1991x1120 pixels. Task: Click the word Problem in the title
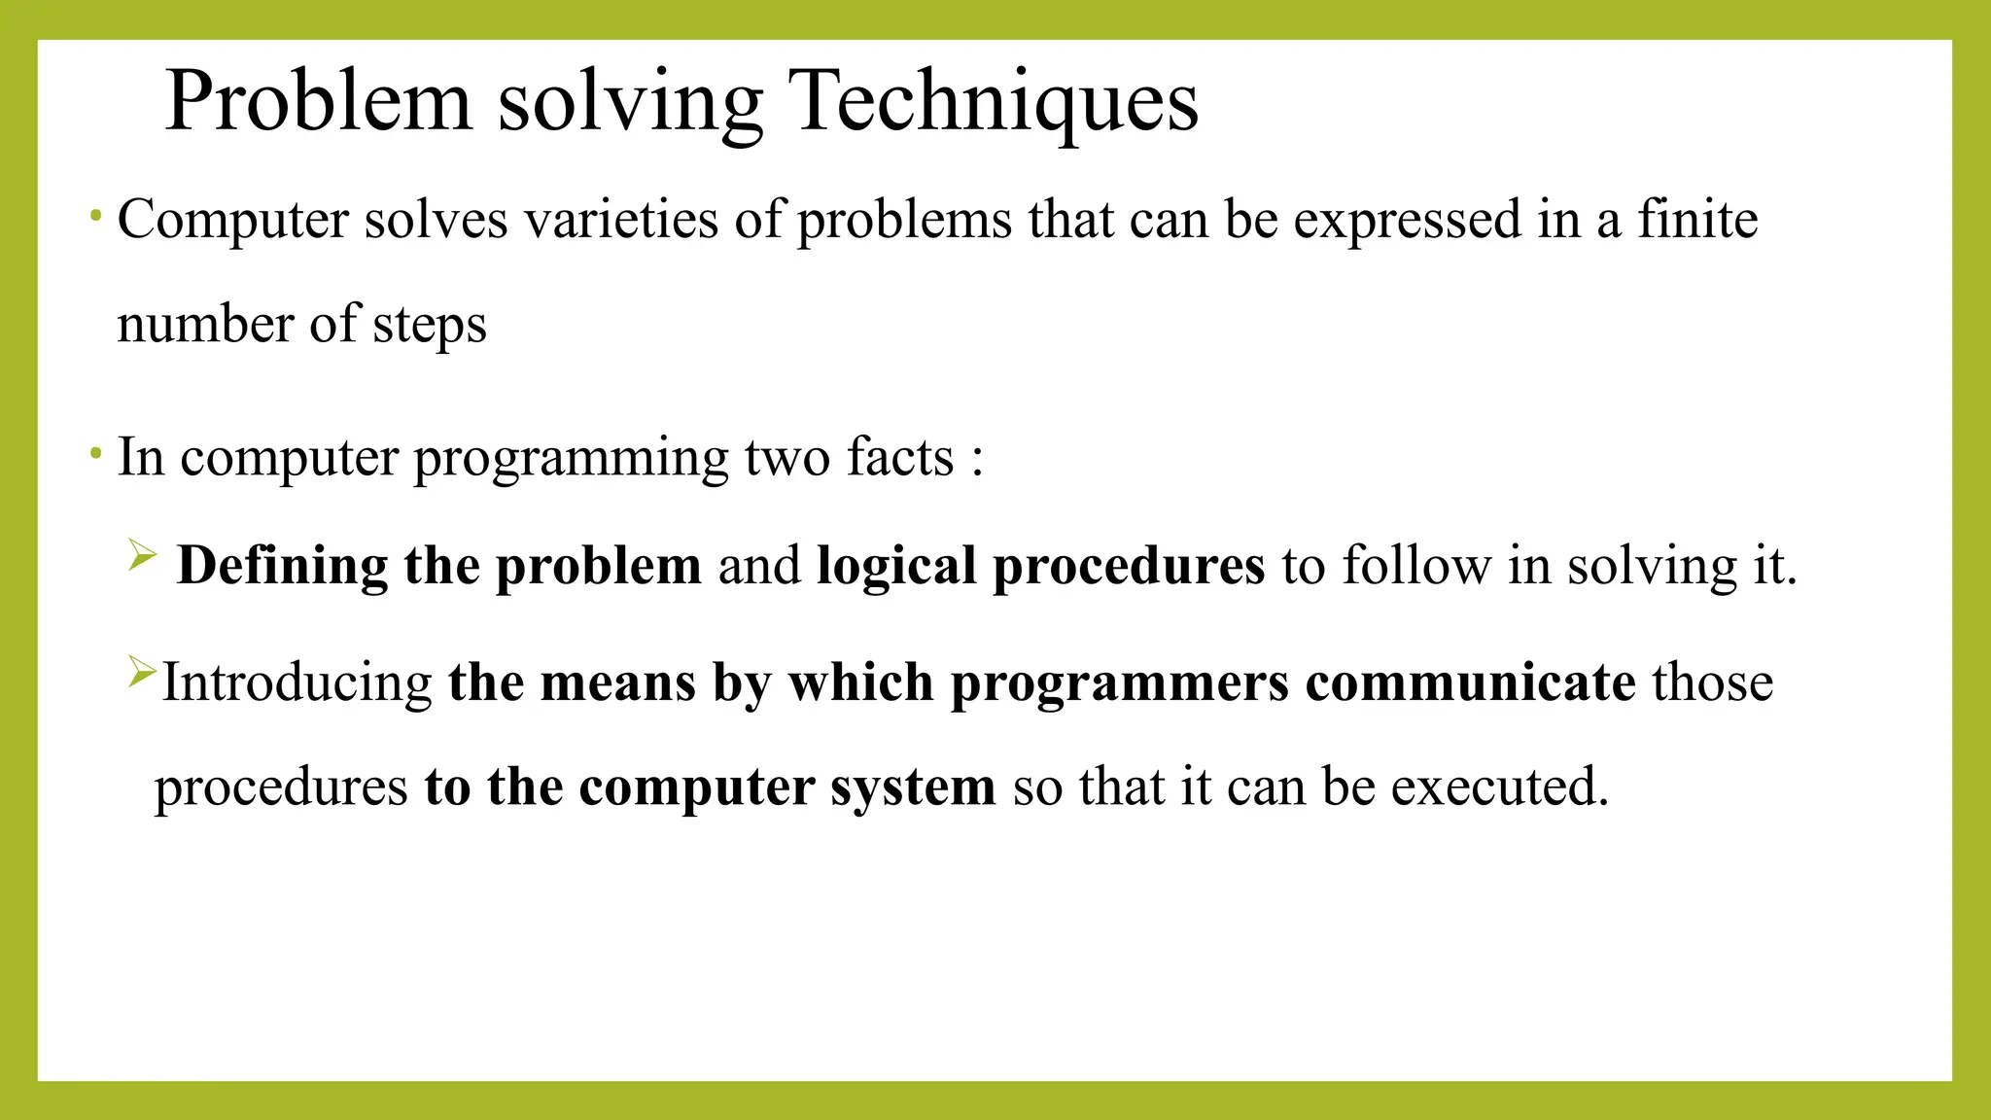318,101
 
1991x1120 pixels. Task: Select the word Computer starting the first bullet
232,221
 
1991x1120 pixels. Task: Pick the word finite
1697,219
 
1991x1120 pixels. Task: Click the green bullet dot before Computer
95,215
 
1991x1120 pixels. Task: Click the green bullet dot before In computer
95,453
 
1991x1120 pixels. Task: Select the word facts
900,458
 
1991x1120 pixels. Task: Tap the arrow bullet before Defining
142,556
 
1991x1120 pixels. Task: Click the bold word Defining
282,567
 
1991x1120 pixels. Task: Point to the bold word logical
896,567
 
